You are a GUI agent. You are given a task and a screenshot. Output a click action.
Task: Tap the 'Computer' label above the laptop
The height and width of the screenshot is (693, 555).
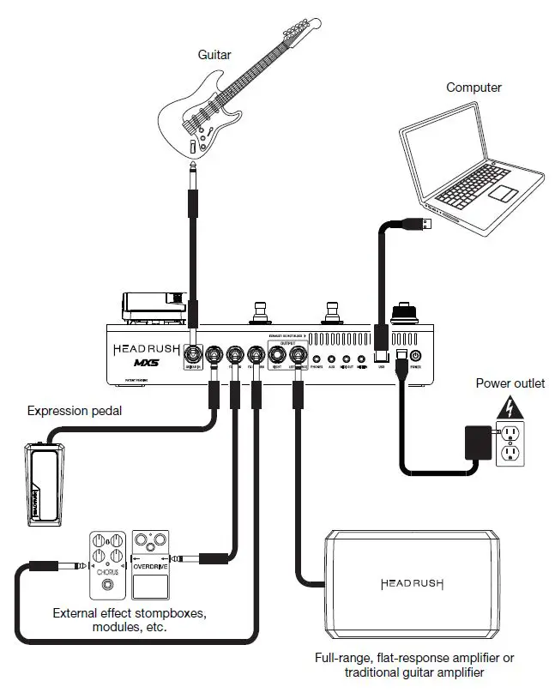[473, 87]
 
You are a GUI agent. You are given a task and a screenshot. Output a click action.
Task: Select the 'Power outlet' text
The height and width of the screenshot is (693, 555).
[510, 383]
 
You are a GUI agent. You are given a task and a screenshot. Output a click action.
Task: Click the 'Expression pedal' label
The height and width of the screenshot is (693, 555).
[75, 411]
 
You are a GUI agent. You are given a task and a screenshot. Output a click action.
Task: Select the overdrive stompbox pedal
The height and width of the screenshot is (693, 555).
[153, 565]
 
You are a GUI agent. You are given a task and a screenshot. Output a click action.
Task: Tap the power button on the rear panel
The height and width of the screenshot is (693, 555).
[416, 355]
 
